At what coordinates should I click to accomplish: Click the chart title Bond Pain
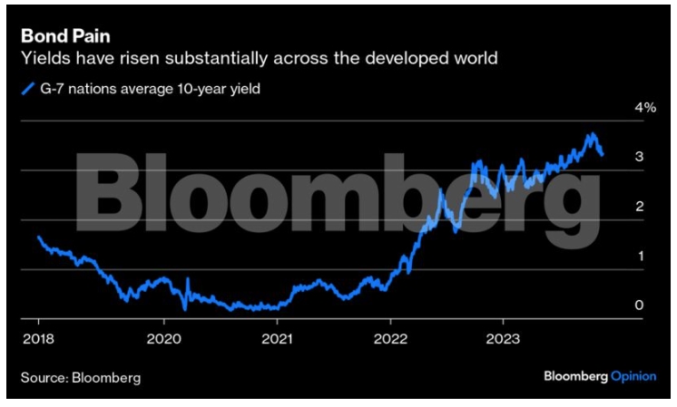pyautogui.click(x=59, y=39)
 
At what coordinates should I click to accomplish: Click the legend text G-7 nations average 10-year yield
pyautogui.click(x=146, y=89)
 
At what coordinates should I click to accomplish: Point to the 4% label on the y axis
pyautogui.click(x=620, y=107)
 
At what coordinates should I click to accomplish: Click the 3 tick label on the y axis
pyautogui.click(x=614, y=157)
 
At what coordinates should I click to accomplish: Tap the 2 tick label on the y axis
pyautogui.click(x=614, y=207)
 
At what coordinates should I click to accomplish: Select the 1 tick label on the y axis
pyautogui.click(x=614, y=257)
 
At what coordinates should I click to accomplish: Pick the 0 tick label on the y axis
pyautogui.click(x=614, y=305)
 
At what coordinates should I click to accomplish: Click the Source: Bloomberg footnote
pyautogui.click(x=81, y=375)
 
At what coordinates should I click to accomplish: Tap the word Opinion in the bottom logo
pyautogui.click(x=632, y=374)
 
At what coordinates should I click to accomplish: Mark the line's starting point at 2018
pyautogui.click(x=38, y=237)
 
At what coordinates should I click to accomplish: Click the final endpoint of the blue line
pyautogui.click(x=603, y=154)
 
